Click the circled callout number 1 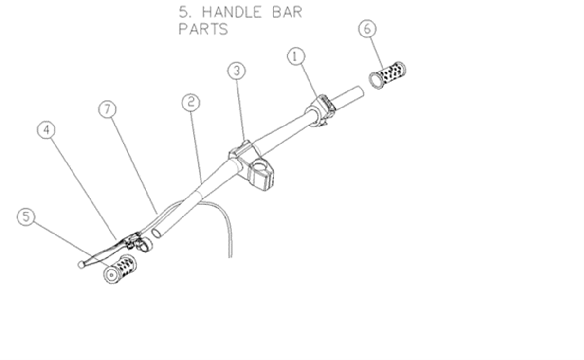296,56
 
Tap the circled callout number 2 191,103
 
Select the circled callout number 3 237,71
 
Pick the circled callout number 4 46,130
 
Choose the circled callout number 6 367,29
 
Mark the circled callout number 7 108,109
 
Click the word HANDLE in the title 232,12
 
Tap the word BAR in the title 287,12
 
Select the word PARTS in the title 203,29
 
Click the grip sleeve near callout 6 387,75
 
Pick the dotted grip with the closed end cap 120,270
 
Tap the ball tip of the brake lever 81,265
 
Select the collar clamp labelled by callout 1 320,110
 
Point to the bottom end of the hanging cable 230,257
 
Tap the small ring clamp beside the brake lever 146,245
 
